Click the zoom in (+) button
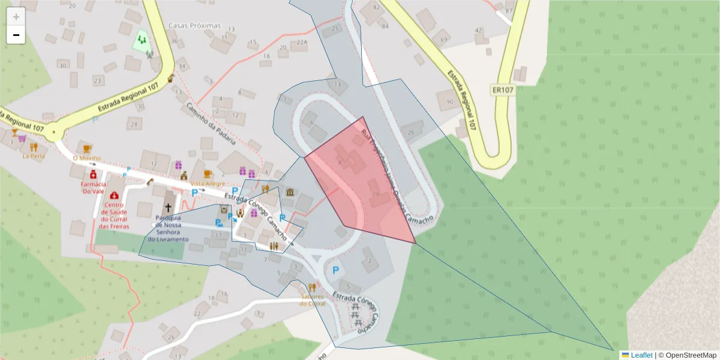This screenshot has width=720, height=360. point(16,17)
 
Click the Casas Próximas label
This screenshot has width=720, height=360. point(194,26)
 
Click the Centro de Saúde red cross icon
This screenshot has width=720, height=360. point(114,196)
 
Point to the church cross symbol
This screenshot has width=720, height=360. point(169,208)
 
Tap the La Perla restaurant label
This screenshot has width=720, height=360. point(34,156)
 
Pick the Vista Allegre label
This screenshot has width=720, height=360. point(208,183)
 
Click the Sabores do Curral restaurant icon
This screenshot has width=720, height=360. point(311,287)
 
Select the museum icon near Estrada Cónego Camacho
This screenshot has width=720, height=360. point(290,193)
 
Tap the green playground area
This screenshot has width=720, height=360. point(142,40)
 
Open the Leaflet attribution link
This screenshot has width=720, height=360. point(641,355)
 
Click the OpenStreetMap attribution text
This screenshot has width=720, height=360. point(688,355)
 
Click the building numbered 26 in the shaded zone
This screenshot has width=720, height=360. point(411,132)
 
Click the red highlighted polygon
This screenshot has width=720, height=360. point(360,186)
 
